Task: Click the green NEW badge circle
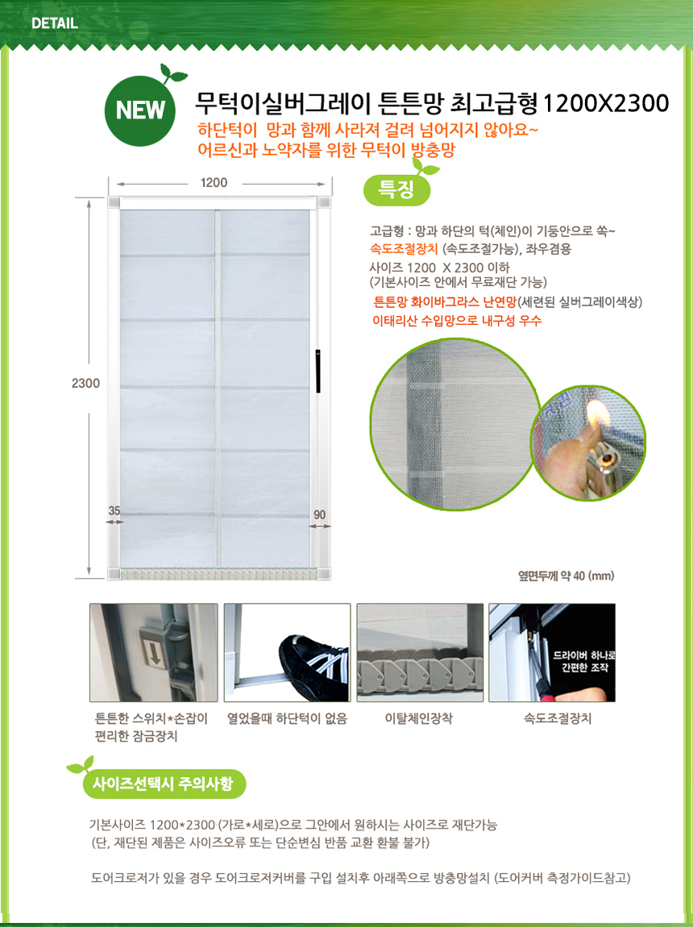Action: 139,110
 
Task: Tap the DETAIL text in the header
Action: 55,23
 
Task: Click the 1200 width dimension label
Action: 214,183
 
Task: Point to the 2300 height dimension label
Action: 85,383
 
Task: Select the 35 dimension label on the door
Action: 114,511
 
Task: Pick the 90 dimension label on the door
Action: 320,515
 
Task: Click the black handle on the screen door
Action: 317,372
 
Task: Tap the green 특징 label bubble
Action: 396,189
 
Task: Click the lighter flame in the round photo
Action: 599,414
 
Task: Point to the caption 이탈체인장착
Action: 419,719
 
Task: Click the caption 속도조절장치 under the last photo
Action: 558,719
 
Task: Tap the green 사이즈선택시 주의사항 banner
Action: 164,784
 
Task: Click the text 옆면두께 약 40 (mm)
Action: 566,576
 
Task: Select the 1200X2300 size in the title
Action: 605,103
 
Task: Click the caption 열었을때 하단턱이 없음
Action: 287,719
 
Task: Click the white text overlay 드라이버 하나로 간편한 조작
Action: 584,662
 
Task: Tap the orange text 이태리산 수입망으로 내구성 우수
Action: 457,321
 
